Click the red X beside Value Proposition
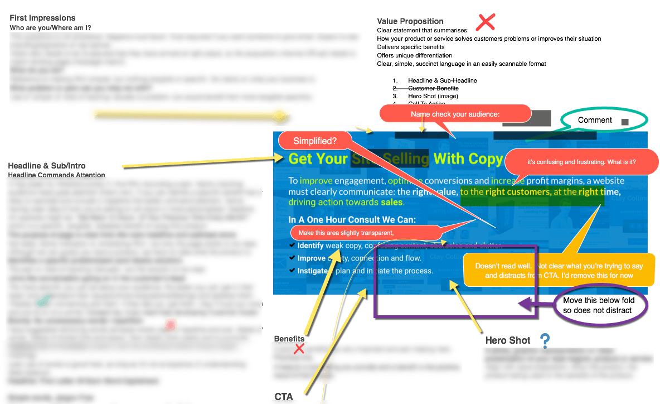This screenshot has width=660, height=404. click(486, 22)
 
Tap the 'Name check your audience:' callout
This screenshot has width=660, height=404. click(455, 114)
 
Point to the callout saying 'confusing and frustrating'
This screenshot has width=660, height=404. click(581, 162)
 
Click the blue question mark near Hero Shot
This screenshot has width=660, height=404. click(545, 340)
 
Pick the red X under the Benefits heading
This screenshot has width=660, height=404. click(299, 349)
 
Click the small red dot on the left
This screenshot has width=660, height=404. click(171, 325)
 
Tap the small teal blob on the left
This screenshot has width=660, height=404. click(43, 301)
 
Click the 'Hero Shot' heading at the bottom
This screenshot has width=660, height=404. click(507, 340)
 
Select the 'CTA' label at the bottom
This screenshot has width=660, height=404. click(284, 397)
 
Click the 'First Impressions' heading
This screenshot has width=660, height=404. click(42, 18)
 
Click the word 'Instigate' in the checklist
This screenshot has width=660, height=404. click(312, 271)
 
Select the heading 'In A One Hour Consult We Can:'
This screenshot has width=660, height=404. click(352, 220)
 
